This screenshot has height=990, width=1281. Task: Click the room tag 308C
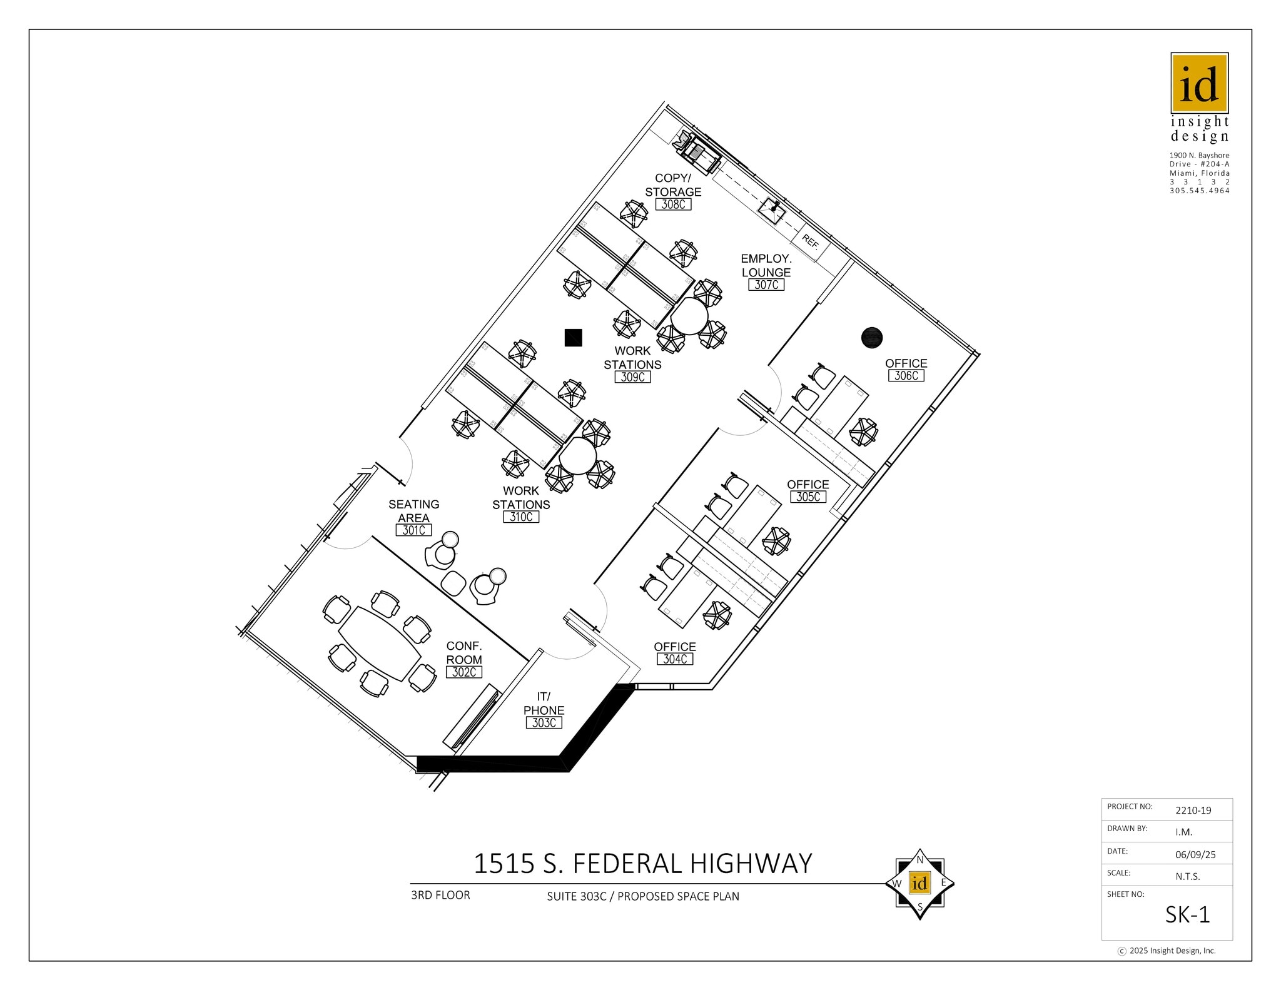tap(673, 204)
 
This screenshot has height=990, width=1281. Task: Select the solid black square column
tap(573, 338)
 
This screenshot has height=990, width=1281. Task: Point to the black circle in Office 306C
tap(871, 338)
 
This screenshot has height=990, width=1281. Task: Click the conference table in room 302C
tap(379, 644)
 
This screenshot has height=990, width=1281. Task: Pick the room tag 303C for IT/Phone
tap(544, 723)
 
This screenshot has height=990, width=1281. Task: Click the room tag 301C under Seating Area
tap(413, 530)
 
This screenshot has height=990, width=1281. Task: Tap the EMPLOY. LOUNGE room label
tap(766, 265)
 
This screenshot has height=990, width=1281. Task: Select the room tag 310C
tap(521, 517)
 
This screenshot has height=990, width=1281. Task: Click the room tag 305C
tap(808, 497)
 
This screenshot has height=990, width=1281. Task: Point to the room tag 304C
tap(675, 659)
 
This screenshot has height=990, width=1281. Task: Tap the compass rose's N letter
tap(919, 860)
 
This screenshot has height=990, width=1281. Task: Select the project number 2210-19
tap(1193, 811)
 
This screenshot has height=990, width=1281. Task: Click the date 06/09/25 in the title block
tap(1195, 854)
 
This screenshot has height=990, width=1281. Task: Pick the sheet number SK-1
tap(1187, 915)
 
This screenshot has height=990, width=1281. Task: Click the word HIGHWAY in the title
tap(751, 864)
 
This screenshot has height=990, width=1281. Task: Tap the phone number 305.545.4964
tap(1199, 191)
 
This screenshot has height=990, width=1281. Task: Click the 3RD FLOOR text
tap(440, 895)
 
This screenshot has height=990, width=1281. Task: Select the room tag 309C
tap(632, 377)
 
